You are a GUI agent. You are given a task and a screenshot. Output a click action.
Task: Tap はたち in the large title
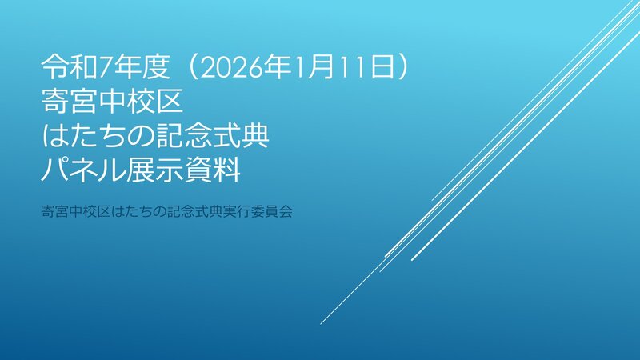coord(86,137)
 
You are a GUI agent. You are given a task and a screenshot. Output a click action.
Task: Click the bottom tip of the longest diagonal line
coord(322,323)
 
